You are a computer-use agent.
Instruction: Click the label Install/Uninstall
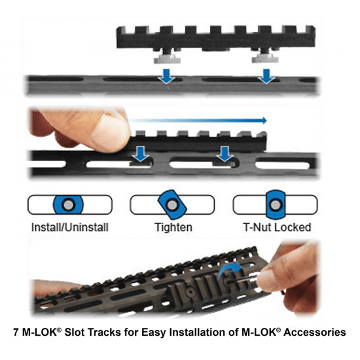pyautogui.click(x=70, y=228)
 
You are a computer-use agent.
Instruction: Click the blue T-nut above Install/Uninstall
pyautogui.click(x=69, y=205)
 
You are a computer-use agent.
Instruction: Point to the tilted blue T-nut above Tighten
pyautogui.click(x=173, y=205)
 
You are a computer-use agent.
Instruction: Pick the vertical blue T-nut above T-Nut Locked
pyautogui.click(x=275, y=205)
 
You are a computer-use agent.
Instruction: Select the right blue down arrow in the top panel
pyautogui.click(x=266, y=76)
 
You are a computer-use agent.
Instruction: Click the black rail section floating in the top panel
pyautogui.click(x=209, y=37)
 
